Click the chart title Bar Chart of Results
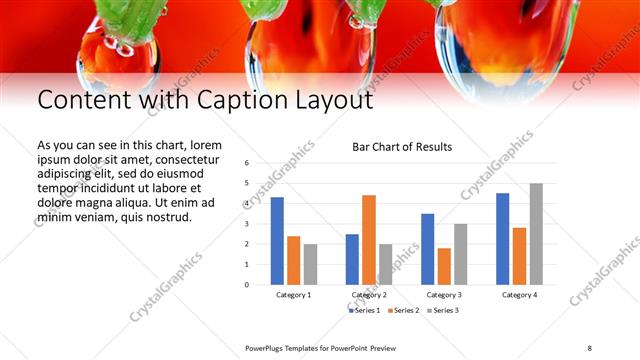pos(402,147)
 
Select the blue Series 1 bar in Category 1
pos(277,241)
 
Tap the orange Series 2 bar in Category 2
pos(368,240)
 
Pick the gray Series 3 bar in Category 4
pos(536,234)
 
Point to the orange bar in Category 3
pos(444,266)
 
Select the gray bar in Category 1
pos(310,264)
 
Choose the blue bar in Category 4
pos(502,239)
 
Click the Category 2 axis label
pos(368,295)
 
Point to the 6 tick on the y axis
pos(246,163)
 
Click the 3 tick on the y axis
pos(246,224)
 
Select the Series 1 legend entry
pos(364,310)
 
